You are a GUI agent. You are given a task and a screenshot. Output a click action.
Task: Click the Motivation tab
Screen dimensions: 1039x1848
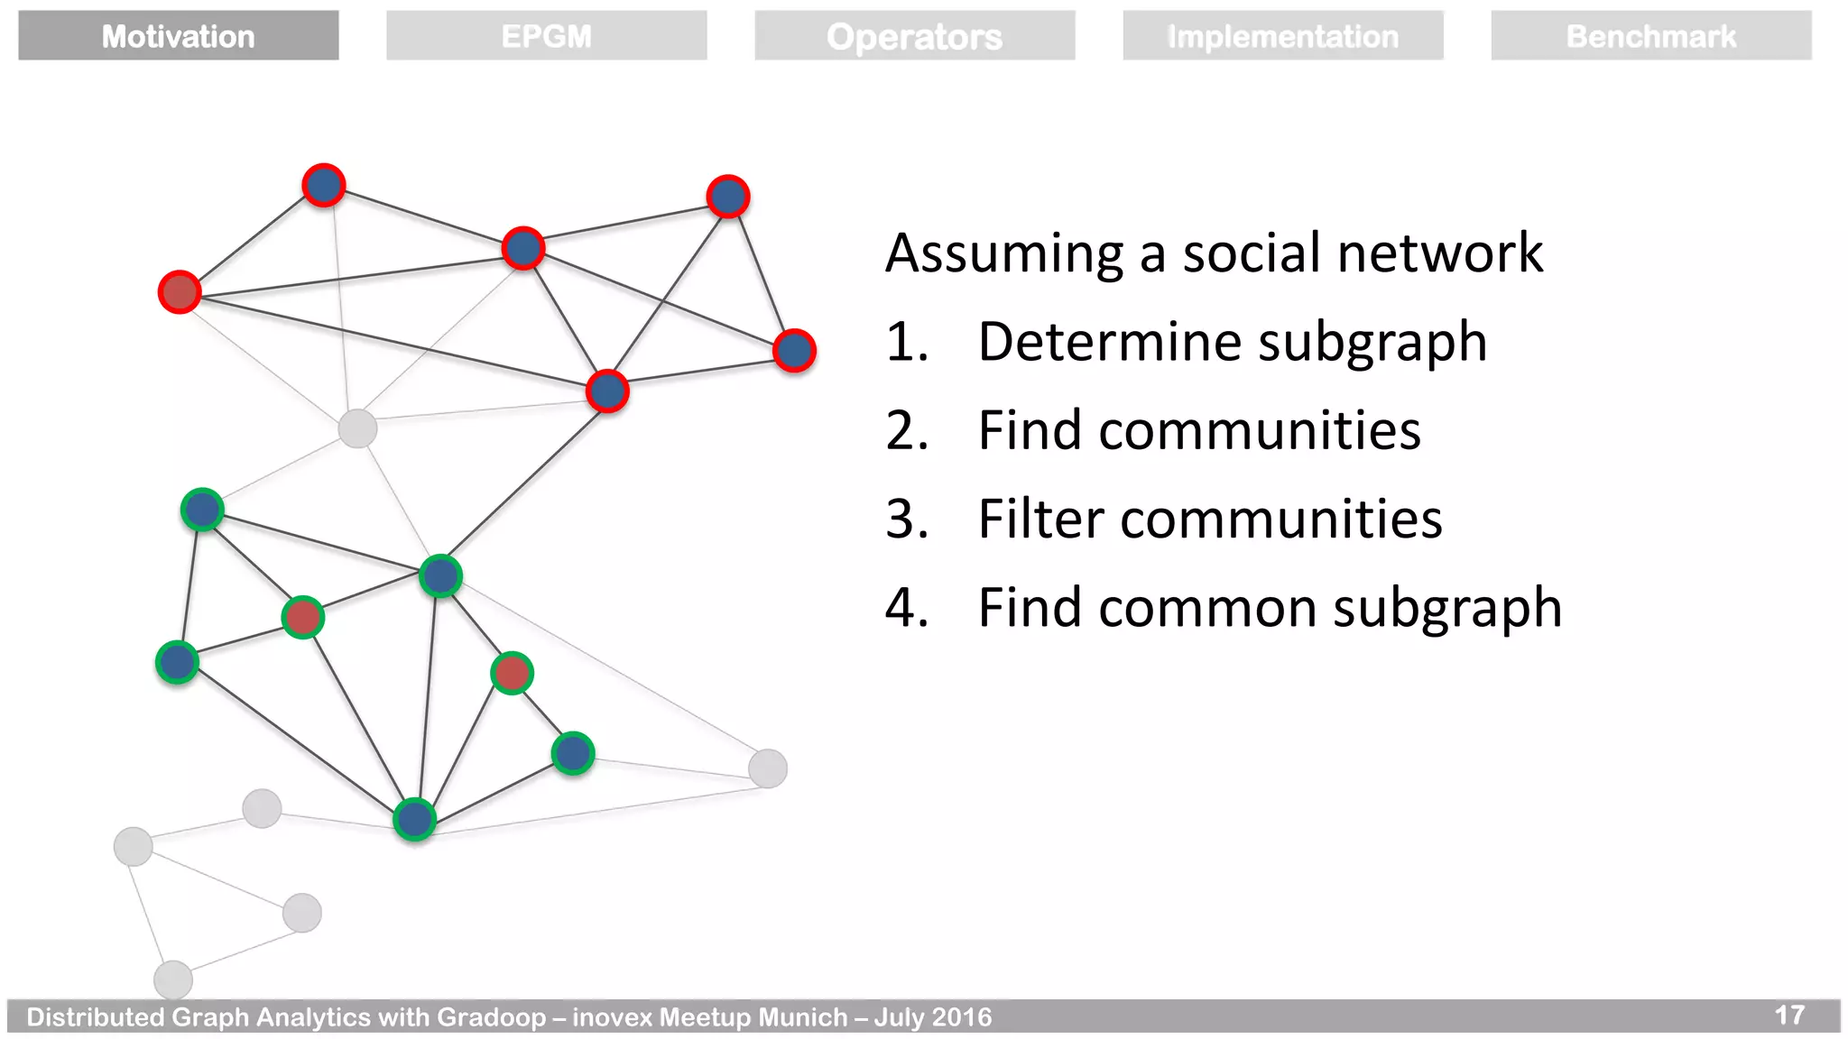point(178,36)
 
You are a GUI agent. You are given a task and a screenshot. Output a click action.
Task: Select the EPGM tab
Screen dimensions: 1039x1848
point(546,36)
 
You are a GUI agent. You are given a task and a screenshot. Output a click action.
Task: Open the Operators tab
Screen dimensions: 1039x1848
point(914,36)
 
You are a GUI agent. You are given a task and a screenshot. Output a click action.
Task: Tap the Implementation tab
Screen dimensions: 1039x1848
point(1282,36)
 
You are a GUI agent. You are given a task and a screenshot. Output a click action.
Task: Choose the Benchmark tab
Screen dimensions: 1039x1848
point(1650,36)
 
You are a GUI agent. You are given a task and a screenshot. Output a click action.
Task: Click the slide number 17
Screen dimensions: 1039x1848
point(1788,1016)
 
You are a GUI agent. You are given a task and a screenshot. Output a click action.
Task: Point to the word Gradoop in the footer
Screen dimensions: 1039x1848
point(492,1017)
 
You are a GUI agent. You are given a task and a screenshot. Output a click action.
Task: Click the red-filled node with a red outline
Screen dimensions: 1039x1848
point(180,292)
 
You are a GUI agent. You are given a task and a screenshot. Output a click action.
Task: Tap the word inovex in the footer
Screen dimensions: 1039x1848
point(612,1017)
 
